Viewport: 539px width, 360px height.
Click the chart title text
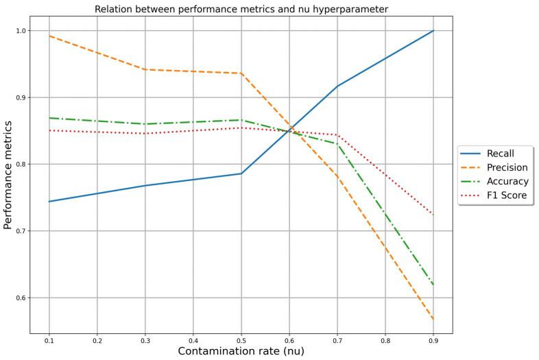point(241,9)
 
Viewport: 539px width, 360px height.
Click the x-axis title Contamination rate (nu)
point(241,350)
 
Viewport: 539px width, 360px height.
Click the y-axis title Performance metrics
point(8,175)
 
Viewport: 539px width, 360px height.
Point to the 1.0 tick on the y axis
point(19,31)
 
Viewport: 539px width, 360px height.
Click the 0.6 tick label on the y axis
point(19,298)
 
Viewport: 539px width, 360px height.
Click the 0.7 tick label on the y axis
point(19,231)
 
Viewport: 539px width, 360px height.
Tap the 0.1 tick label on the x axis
point(49,340)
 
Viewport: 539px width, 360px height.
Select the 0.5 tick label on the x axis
point(241,340)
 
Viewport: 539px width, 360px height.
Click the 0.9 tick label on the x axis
point(433,340)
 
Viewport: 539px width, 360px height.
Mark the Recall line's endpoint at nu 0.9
point(433,31)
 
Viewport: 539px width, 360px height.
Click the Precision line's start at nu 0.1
point(49,36)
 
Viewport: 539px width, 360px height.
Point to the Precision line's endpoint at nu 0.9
point(433,320)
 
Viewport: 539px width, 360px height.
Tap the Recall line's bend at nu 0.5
point(241,173)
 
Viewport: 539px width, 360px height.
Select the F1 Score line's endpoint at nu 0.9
point(433,215)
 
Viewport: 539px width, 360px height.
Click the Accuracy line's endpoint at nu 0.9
point(433,285)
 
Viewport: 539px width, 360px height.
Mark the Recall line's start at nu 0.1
point(49,202)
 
